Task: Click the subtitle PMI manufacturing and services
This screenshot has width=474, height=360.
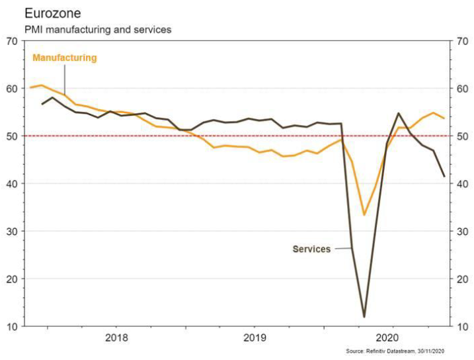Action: pos(98,30)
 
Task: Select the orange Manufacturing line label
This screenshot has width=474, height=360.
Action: pos(65,58)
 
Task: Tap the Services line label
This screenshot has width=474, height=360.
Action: pos(311,249)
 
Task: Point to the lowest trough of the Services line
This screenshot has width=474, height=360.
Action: pos(364,317)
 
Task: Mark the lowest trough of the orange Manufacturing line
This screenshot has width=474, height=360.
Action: pos(364,214)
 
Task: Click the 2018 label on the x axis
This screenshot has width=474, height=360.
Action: pos(116,337)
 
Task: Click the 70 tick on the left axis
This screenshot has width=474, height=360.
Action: pos(12,41)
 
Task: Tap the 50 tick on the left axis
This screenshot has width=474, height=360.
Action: pos(12,136)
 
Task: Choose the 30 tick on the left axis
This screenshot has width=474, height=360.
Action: pos(12,232)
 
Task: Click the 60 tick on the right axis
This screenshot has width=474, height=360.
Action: pos(462,89)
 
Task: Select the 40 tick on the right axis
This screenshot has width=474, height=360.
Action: pos(462,184)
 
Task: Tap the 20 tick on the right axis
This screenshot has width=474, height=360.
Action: pos(462,279)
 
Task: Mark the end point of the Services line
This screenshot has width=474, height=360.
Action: pos(444,176)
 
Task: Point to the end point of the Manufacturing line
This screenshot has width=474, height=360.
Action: pos(444,118)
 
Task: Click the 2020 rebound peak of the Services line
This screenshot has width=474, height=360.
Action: pos(399,113)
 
